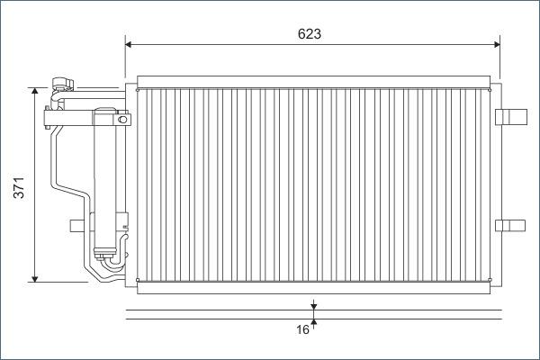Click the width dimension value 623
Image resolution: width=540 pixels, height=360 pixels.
pyautogui.click(x=310, y=33)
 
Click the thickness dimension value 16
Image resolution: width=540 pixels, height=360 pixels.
pyautogui.click(x=303, y=330)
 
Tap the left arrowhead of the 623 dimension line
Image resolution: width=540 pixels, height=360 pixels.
pyautogui.click(x=130, y=43)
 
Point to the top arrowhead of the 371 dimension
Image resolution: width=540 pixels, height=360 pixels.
pyautogui.click(x=35, y=92)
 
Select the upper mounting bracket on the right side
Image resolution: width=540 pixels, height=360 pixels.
pyautogui.click(x=510, y=115)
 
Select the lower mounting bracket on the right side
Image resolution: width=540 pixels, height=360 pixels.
pyautogui.click(x=510, y=224)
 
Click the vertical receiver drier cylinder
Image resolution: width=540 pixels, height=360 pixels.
pyautogui.click(x=107, y=180)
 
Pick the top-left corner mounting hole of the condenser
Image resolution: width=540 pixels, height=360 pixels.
pyautogui.click(x=137, y=89)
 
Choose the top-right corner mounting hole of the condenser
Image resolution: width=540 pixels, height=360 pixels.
pyautogui.click(x=489, y=89)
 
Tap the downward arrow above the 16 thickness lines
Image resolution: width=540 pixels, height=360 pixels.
pyautogui.click(x=313, y=307)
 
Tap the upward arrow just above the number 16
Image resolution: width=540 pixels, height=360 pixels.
pyautogui.click(x=313, y=322)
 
